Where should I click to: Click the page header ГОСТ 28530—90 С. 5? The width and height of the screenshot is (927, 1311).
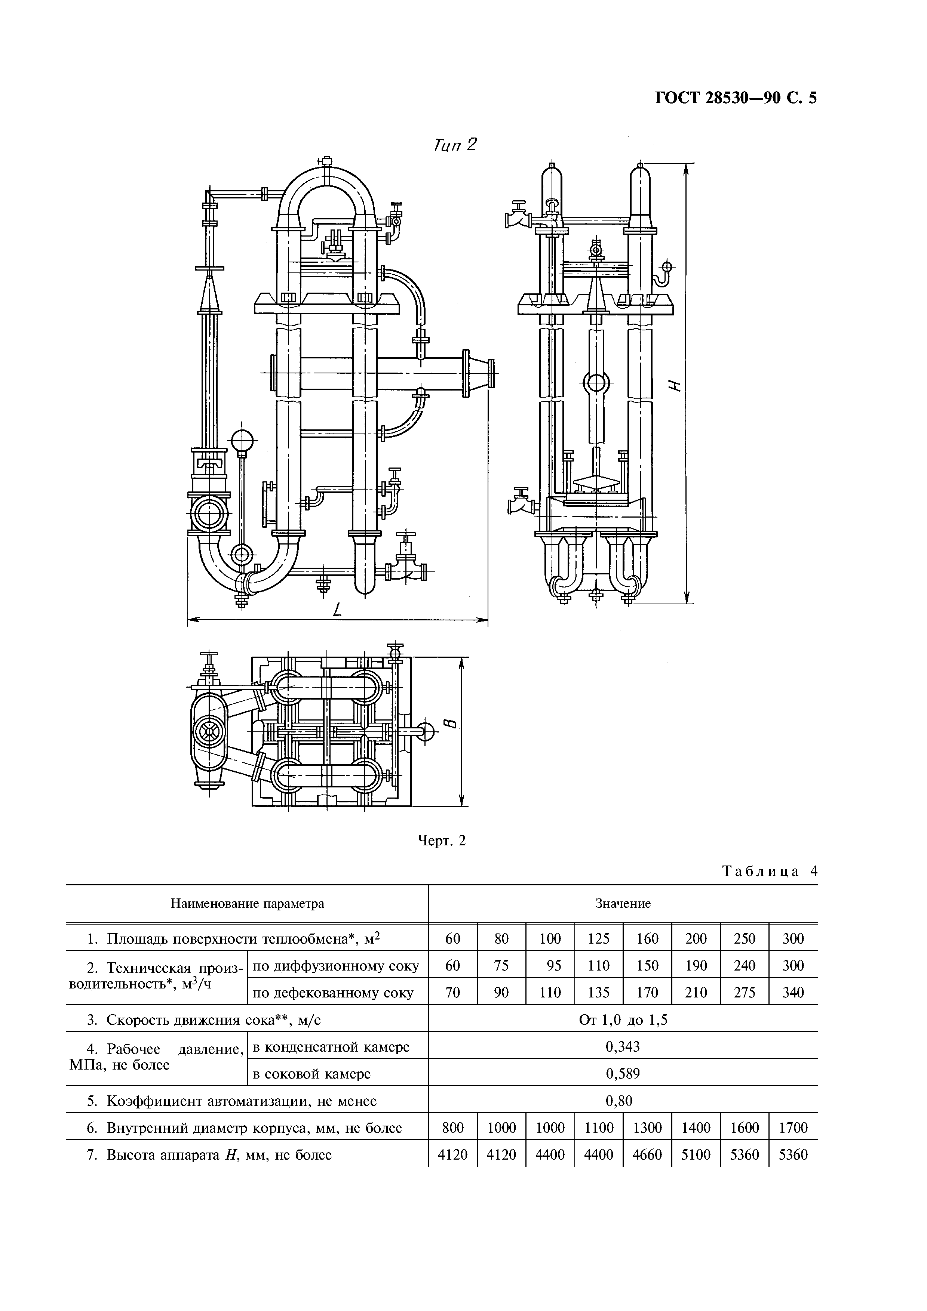tap(735, 98)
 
